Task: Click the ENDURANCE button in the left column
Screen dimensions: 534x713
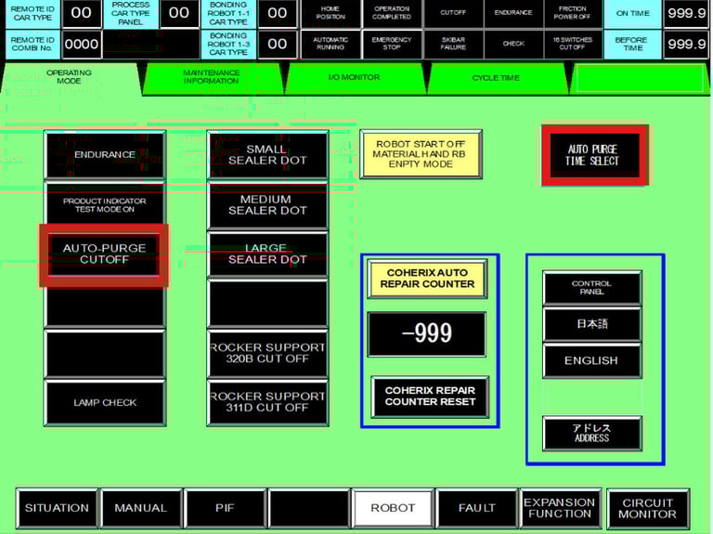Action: point(105,155)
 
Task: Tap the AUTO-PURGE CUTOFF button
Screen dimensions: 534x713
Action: point(104,254)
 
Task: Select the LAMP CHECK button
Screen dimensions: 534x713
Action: point(105,403)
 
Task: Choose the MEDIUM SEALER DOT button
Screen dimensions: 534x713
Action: point(267,205)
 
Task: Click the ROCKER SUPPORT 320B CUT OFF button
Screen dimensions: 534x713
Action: point(267,353)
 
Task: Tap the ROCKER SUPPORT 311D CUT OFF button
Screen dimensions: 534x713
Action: point(267,401)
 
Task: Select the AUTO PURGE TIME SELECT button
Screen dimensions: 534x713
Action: point(592,155)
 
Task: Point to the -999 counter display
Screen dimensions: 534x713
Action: point(427,334)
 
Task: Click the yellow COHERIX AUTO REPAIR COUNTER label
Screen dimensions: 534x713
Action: point(428,279)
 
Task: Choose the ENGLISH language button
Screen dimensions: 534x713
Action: point(591,360)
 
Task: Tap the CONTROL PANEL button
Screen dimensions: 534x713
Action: point(591,288)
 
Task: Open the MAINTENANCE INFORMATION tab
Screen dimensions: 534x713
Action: point(212,77)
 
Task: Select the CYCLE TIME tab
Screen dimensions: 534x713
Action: point(496,78)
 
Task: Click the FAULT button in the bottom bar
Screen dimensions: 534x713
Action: point(477,508)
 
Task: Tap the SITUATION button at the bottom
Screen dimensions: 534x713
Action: point(58,508)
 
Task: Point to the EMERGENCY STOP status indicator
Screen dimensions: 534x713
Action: point(392,44)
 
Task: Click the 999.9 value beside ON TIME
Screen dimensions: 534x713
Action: point(687,14)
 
